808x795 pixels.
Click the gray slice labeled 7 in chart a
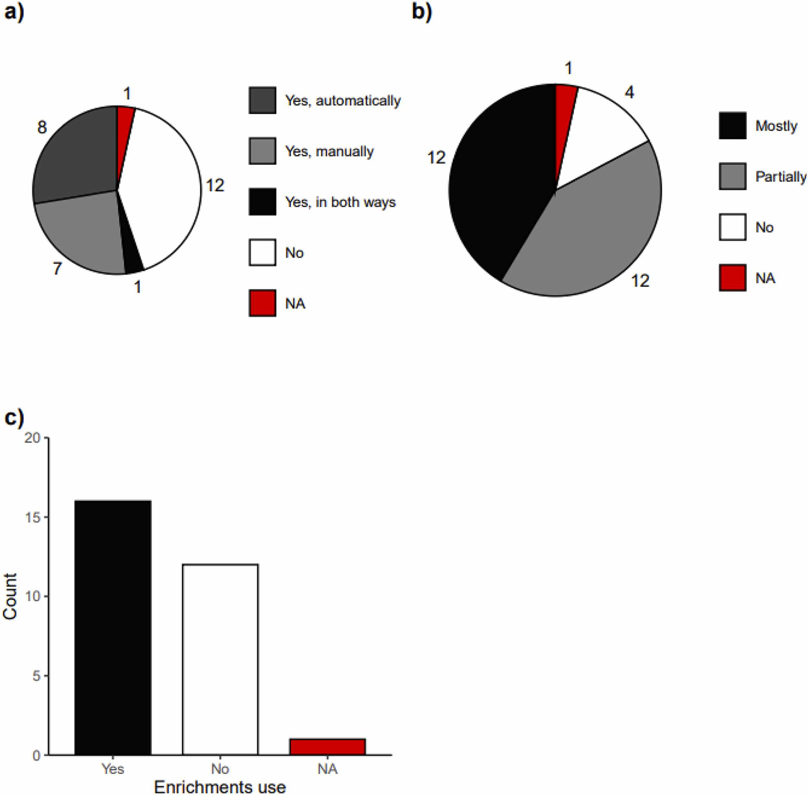tap(86, 231)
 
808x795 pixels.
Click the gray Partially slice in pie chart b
tap(593, 231)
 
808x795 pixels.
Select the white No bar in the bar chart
tap(220, 659)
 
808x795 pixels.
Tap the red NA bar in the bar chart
tap(327, 747)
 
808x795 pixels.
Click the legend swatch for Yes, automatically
tap(262, 100)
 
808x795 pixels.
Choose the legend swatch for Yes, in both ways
tap(262, 202)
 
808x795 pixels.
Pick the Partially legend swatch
tap(732, 177)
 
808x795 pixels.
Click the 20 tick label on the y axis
tap(32, 438)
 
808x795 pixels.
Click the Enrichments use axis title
tap(220, 786)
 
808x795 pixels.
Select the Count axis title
tap(10, 596)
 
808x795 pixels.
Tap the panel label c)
tap(14, 417)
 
